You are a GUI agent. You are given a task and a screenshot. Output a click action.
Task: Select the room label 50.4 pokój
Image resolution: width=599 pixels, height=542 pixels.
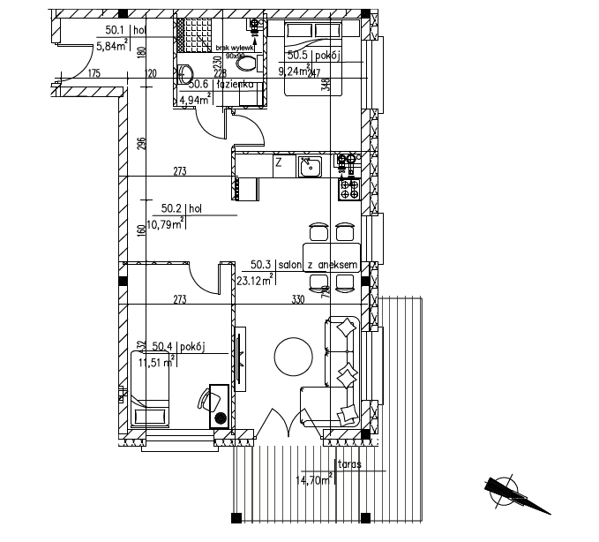click(x=178, y=347)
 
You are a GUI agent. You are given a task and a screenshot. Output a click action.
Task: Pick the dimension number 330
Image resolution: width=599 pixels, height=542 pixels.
click(x=298, y=300)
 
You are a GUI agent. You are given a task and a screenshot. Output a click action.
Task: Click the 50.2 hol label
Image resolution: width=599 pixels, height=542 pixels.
click(x=183, y=209)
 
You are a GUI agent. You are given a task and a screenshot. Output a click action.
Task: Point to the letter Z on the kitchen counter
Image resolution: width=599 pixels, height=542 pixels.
click(x=278, y=162)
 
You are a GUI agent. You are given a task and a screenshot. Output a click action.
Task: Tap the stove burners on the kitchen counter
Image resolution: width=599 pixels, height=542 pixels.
click(x=348, y=187)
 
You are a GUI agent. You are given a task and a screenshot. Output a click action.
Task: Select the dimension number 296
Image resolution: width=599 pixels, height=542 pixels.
click(x=140, y=144)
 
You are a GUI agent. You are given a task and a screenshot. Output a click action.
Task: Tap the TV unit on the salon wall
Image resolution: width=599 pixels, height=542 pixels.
click(x=239, y=358)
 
